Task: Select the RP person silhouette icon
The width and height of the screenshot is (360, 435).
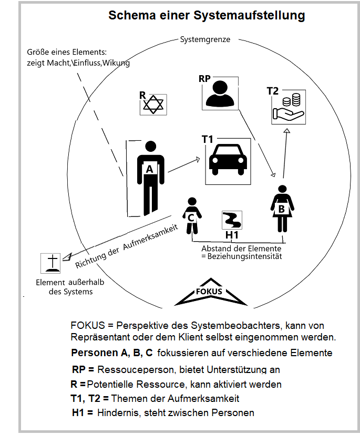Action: click(x=220, y=94)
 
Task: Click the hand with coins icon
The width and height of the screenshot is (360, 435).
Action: click(x=289, y=108)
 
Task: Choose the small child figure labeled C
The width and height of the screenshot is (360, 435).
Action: click(x=192, y=215)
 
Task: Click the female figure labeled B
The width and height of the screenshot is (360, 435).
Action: click(x=282, y=208)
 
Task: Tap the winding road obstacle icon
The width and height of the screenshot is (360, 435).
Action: click(x=231, y=219)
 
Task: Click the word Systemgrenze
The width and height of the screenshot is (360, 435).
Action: click(x=205, y=40)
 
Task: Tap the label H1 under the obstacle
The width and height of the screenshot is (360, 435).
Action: click(x=232, y=234)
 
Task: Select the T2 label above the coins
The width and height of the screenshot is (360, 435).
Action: click(x=273, y=91)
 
